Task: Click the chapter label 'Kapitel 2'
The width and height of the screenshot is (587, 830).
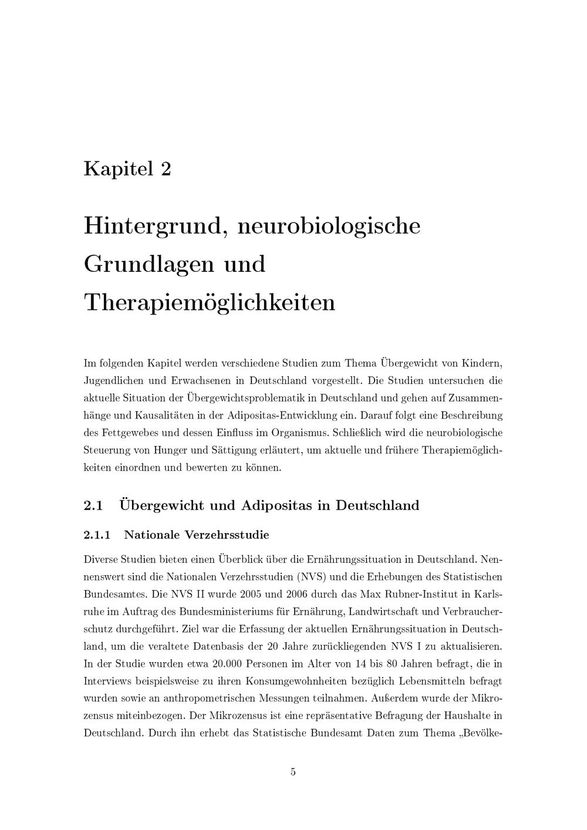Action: pyautogui.click(x=127, y=169)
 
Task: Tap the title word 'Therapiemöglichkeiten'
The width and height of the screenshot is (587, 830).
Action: pyautogui.click(x=210, y=302)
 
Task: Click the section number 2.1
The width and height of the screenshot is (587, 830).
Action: pyautogui.click(x=94, y=505)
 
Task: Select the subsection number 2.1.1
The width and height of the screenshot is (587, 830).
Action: pyautogui.click(x=97, y=535)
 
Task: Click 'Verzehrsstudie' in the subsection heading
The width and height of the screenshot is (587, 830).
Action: pyautogui.click(x=227, y=535)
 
